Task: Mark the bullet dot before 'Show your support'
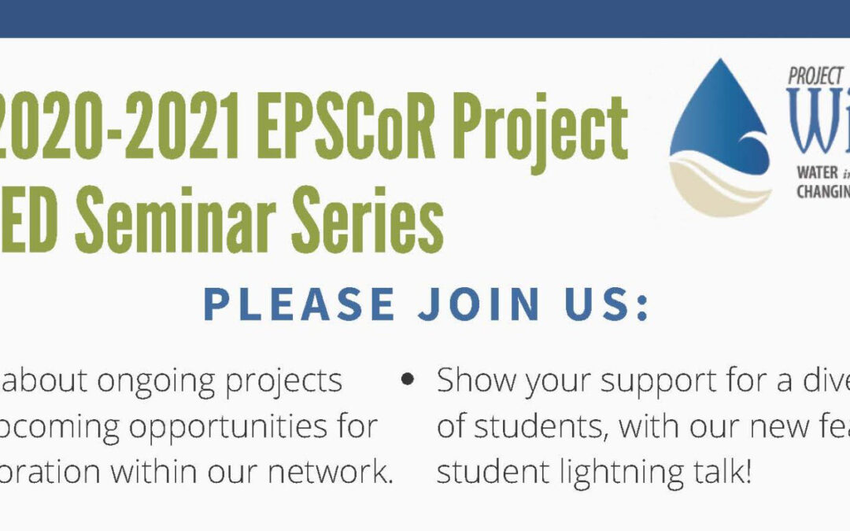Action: click(x=408, y=379)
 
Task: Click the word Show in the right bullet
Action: click(x=477, y=381)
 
